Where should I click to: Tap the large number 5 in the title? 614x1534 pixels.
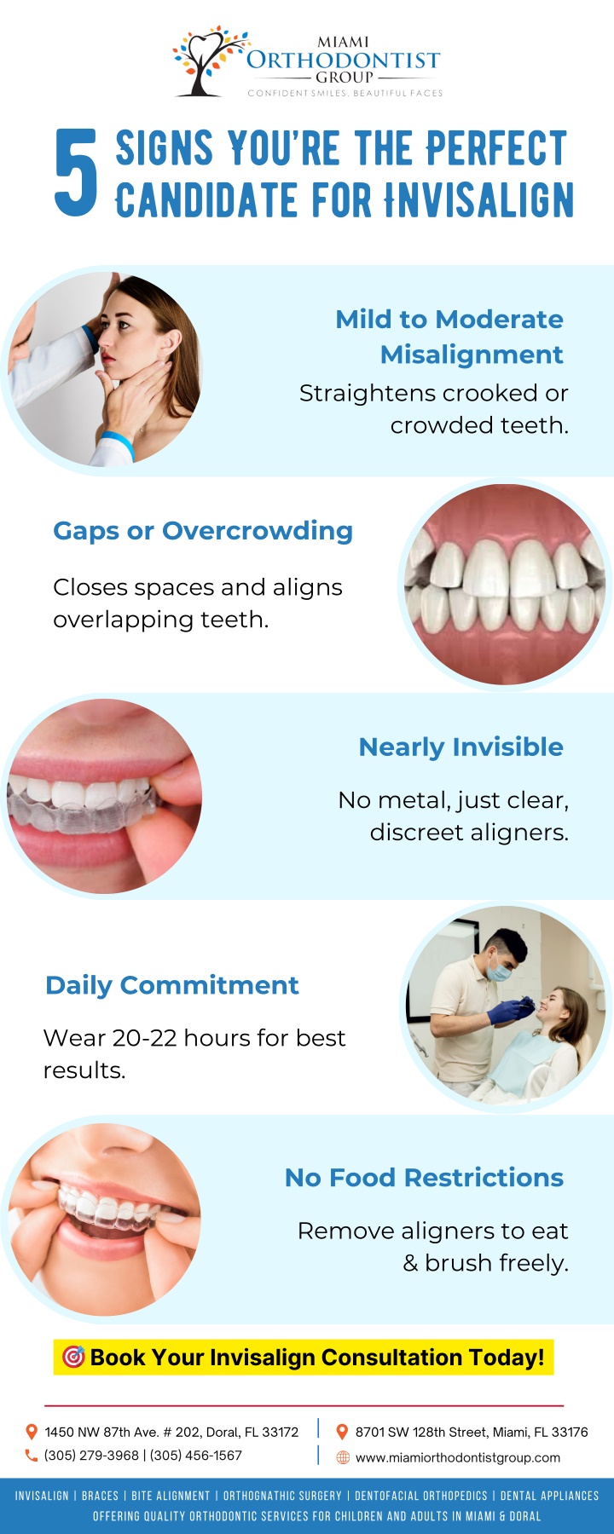tap(76, 172)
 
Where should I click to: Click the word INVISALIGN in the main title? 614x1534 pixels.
tap(478, 200)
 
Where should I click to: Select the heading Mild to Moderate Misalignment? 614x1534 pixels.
tap(449, 337)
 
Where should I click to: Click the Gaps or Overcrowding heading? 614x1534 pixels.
tap(203, 531)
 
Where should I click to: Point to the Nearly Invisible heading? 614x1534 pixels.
tap(461, 747)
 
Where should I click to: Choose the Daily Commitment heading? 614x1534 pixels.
tap(172, 985)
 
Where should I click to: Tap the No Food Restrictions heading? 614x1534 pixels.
tap(425, 1178)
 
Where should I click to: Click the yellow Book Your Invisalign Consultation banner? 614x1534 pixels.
tap(304, 1357)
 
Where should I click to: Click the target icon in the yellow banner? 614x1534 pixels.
tap(74, 1357)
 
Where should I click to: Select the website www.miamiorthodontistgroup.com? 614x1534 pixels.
tap(458, 1457)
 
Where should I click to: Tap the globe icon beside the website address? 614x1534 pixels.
tap(343, 1457)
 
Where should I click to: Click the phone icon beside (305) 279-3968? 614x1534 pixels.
tap(32, 1456)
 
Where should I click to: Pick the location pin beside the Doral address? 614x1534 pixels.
tap(32, 1432)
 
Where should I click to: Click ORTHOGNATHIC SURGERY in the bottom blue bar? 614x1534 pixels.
tap(282, 1496)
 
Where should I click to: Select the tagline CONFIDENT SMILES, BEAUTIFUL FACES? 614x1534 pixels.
tap(345, 93)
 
